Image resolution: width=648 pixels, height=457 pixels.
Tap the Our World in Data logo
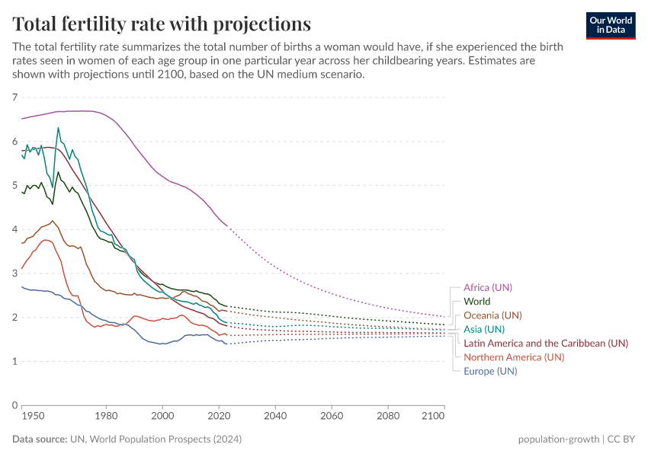pyautogui.click(x=610, y=24)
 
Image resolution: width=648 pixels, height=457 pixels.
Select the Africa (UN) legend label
pyautogui.click(x=488, y=288)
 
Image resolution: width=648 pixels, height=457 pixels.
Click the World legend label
pyautogui.click(x=476, y=302)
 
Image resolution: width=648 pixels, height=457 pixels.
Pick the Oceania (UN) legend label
pyautogui.click(x=492, y=315)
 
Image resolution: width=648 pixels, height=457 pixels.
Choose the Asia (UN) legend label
pyautogui.click(x=484, y=329)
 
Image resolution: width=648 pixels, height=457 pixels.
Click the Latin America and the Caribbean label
pyautogui.click(x=546, y=344)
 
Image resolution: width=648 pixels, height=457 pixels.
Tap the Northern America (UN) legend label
pyautogui.click(x=514, y=357)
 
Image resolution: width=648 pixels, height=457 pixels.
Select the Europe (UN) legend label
pyautogui.click(x=490, y=371)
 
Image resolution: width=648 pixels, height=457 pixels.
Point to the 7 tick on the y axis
pyautogui.click(x=14, y=97)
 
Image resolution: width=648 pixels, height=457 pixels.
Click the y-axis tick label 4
pyautogui.click(x=14, y=229)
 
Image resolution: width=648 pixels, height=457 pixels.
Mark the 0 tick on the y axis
pyautogui.click(x=14, y=405)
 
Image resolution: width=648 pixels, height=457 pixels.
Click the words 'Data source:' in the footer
pyautogui.click(x=39, y=439)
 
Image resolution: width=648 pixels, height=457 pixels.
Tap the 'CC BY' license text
pyautogui.click(x=623, y=439)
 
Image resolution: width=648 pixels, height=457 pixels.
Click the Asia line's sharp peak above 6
pyautogui.click(x=58, y=128)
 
